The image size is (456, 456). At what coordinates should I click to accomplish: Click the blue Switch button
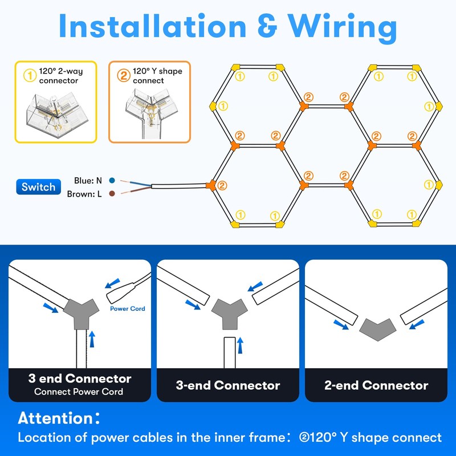[38, 187]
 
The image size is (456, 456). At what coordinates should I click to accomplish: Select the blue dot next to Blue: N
[112, 180]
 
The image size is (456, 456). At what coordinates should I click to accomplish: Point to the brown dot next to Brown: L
[112, 194]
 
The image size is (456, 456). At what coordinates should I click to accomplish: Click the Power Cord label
[128, 309]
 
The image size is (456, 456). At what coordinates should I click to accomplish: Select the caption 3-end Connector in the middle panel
[228, 385]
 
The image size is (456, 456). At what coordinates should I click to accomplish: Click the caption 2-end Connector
[376, 385]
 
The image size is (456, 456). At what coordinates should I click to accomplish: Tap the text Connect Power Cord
[79, 392]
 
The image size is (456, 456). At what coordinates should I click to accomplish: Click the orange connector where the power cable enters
[211, 185]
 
